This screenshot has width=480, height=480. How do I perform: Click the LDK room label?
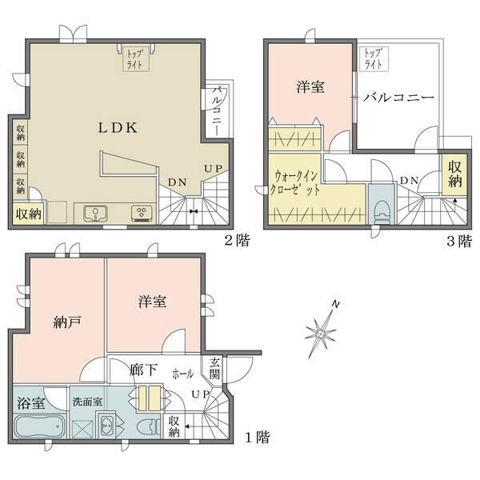(x=119, y=127)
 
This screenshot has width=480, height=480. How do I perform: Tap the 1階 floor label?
(x=257, y=438)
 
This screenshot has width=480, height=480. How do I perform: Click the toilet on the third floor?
(x=382, y=210)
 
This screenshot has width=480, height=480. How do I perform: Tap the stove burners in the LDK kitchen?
(x=141, y=213)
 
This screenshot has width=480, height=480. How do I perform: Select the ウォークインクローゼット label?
(x=298, y=185)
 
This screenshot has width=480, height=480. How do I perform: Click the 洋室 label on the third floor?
(x=310, y=86)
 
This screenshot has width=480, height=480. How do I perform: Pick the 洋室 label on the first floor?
(x=152, y=302)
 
